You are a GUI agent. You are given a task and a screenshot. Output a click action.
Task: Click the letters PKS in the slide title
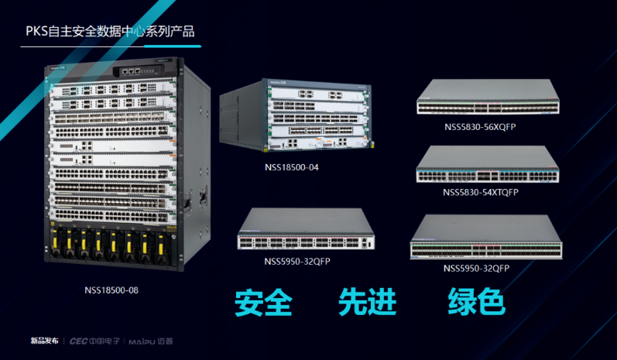36,32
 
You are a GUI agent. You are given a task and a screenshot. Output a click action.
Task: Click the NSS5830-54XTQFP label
481,191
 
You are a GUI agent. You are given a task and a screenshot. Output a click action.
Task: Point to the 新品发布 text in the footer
44,341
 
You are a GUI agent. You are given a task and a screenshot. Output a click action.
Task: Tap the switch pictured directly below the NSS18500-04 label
307,231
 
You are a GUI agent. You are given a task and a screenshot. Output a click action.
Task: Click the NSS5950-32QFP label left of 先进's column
297,261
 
